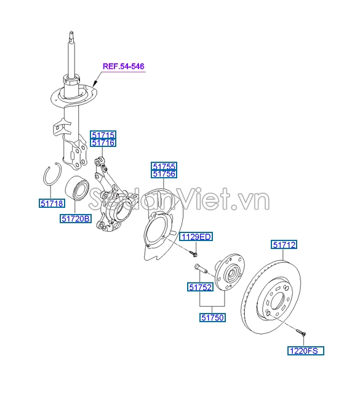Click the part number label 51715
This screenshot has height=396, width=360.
pos(103,135)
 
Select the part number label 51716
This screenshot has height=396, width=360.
pos(103,143)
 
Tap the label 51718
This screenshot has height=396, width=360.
pos(52,204)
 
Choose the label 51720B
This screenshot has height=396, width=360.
pos(76,218)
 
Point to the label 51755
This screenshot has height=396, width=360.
pos(164,166)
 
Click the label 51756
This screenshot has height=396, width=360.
pos(164,174)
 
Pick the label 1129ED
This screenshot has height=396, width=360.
pos(196,237)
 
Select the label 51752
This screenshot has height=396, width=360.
pos(200,287)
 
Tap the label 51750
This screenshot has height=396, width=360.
pos(212,317)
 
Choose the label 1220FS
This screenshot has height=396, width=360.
pos(305,350)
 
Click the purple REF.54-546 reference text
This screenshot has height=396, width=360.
pos(123,66)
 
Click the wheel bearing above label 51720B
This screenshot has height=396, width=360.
pos(77,188)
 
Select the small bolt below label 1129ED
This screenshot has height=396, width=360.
pos(194,253)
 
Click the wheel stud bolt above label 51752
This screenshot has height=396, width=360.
pos(201,268)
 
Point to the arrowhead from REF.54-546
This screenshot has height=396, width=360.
pos(95,84)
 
